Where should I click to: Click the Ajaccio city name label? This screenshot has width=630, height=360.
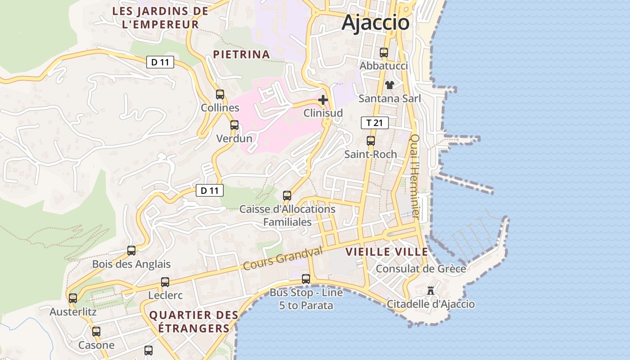[x=375, y=22]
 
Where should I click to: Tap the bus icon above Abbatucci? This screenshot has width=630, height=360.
[x=384, y=53]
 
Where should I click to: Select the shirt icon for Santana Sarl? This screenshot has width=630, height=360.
[x=389, y=85]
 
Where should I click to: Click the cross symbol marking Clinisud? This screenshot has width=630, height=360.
[x=323, y=100]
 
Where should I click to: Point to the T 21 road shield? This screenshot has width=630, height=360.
[x=374, y=122]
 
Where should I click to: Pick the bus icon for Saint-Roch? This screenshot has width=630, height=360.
[x=371, y=141]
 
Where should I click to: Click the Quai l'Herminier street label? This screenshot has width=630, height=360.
[x=415, y=177]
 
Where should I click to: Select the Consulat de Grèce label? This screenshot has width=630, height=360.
[x=420, y=269]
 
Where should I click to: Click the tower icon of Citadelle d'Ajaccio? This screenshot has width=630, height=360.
[x=431, y=291]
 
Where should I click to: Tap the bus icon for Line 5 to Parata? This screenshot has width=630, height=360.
[x=306, y=279]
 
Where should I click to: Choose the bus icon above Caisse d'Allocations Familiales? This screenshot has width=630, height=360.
[x=287, y=196]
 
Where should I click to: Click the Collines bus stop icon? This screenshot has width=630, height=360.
[x=220, y=94]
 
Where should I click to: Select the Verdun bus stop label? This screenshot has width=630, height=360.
[x=234, y=139]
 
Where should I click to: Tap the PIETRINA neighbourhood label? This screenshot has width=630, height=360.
[x=242, y=54]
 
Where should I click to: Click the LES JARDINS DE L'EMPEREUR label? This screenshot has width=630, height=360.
[x=161, y=18]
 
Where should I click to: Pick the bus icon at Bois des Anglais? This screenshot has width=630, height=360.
[x=131, y=251]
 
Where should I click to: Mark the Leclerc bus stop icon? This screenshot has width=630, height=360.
[x=165, y=282]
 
